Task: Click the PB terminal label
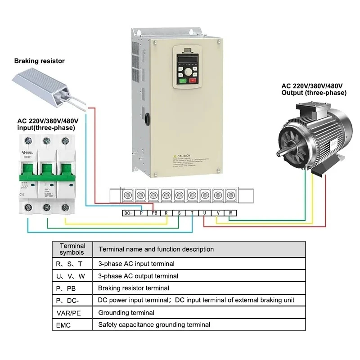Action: coord(154,213)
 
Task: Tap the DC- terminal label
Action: coord(128,213)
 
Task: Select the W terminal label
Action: coord(230,213)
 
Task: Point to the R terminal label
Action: coord(166,213)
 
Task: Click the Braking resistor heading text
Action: coord(40,61)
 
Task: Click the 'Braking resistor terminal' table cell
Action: coord(134,288)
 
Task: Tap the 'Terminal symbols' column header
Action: coord(72,249)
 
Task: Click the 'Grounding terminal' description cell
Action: coord(126,312)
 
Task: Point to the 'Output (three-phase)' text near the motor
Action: coord(314,93)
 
